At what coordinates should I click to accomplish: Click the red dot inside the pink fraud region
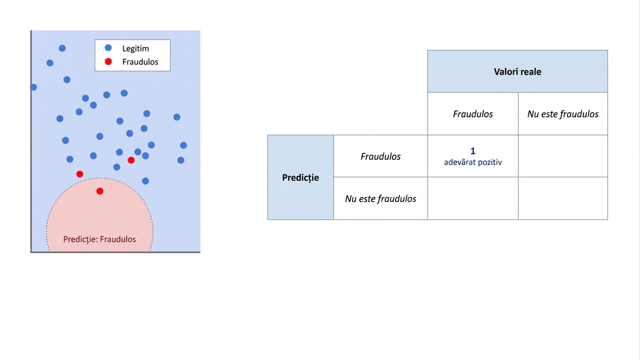pos(100,191)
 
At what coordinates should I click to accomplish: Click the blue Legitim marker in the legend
pos(108,48)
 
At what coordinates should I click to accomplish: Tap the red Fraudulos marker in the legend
pos(108,61)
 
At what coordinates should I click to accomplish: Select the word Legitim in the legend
pos(136,49)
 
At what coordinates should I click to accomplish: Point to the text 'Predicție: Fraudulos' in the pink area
pos(99,239)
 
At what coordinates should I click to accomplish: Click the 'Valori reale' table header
pos(518,71)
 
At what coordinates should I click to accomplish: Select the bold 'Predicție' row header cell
pos(301,178)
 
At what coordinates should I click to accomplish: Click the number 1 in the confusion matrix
pos(473,151)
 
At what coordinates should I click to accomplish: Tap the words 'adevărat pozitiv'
pos(473,162)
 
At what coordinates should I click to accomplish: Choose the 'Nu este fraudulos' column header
pos(563,114)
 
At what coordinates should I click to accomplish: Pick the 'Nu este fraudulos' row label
pos(381,199)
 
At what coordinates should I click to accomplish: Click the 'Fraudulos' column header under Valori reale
pos(473,114)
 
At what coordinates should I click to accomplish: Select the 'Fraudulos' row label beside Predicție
pos(381,156)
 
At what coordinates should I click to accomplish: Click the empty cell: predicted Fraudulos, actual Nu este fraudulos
pos(563,156)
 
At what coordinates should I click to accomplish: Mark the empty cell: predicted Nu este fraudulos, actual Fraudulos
pos(473,198)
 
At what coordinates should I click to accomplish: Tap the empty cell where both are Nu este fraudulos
pos(563,198)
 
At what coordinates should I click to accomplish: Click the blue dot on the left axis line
pos(33,87)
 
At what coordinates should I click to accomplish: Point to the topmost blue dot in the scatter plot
pos(62,48)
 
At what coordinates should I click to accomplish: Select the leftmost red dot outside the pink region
pos(80,174)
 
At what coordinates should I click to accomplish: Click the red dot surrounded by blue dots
pos(131,160)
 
